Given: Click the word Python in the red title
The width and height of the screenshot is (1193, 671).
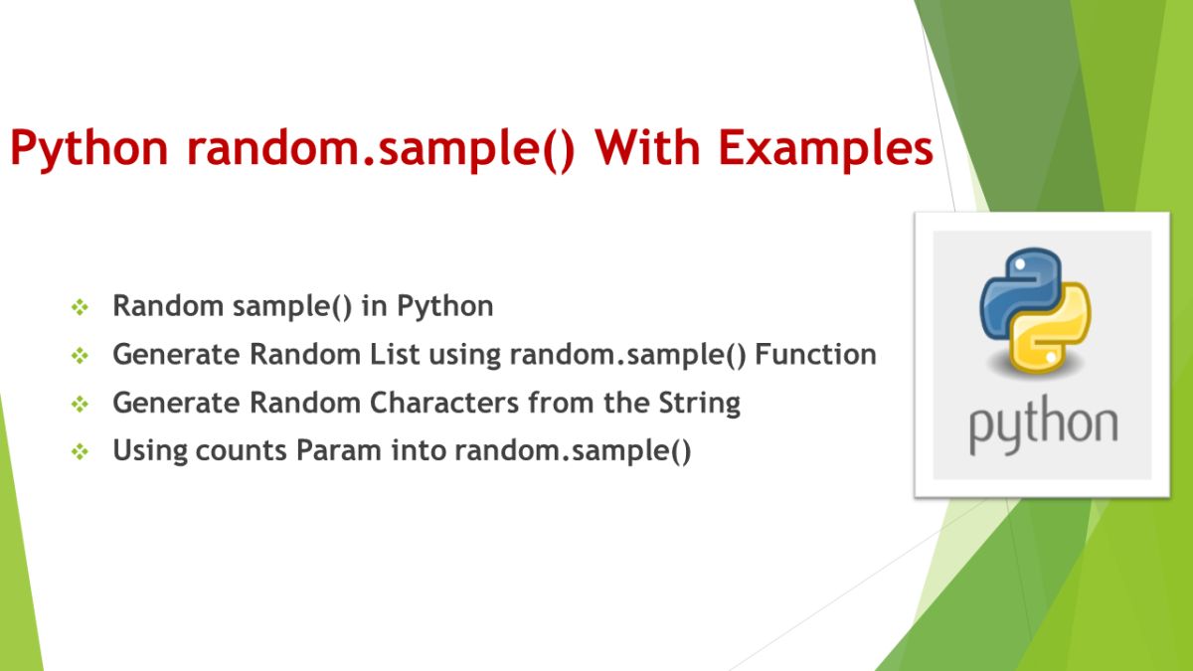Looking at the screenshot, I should point(89,149).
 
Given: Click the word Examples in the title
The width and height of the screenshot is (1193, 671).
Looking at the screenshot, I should point(826,149).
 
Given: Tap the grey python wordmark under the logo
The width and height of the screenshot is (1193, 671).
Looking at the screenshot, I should point(1043,425).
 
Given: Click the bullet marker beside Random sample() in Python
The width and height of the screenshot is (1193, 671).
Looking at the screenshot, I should point(81,308).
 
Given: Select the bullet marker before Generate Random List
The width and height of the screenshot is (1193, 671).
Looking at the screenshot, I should point(81,356).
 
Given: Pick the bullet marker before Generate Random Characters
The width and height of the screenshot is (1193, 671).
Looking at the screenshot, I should point(81,405).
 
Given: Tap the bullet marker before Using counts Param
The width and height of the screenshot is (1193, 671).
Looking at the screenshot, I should point(81,452).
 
